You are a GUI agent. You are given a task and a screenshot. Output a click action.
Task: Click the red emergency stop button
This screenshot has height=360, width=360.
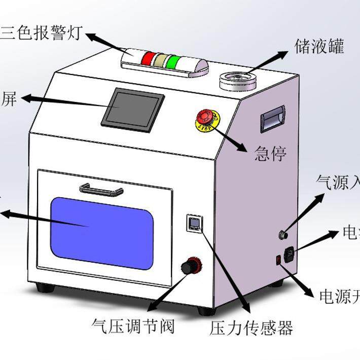[205, 118]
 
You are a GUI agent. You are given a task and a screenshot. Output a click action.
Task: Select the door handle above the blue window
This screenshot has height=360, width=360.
[101, 190]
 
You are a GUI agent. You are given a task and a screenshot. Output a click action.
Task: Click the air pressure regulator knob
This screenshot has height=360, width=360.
[192, 265]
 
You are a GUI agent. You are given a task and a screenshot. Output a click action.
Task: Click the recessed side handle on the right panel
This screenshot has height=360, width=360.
[272, 119]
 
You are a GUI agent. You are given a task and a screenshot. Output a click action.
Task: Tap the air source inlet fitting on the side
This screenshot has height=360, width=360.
[282, 235]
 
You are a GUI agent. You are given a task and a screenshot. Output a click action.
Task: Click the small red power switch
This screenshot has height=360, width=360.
[278, 260]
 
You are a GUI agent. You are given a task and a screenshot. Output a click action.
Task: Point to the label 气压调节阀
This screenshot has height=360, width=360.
[133, 325]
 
